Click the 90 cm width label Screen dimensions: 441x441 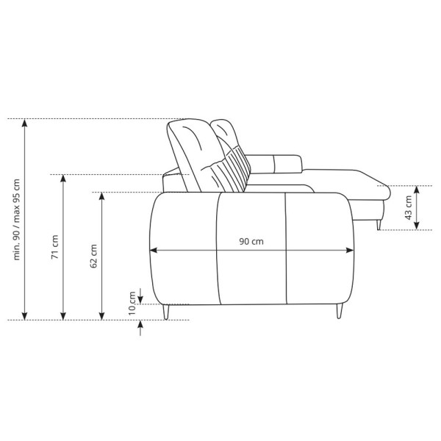(x=251, y=242)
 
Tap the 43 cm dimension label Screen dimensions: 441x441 (x=408, y=208)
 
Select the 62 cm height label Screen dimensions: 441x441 (x=93, y=256)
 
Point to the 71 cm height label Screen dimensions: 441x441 (x=54, y=247)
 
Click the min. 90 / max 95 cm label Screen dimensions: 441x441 (x=17, y=219)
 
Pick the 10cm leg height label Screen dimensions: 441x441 (x=132, y=304)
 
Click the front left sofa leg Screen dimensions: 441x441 (x=166, y=312)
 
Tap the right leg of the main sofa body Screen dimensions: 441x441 (x=340, y=312)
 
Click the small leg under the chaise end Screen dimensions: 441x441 (x=379, y=225)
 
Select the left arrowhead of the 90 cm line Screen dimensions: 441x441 (x=154, y=250)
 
